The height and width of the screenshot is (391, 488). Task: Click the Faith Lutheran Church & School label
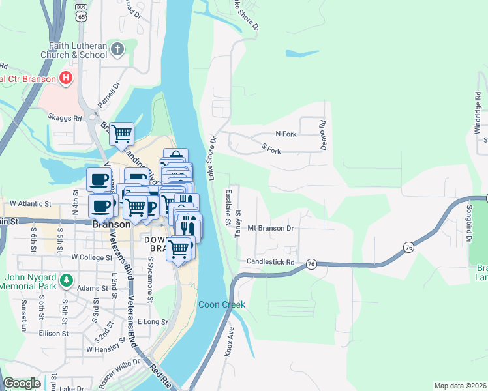coord(77,50)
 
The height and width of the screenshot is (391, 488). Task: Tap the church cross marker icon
coord(118,49)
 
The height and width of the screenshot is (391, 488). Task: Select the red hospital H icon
coord(65,79)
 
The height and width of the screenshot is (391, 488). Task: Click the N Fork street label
coord(286,134)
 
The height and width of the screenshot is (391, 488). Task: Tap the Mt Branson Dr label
coord(271,229)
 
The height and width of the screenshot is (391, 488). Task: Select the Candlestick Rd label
coord(271,262)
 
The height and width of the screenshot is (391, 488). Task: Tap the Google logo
coord(22,383)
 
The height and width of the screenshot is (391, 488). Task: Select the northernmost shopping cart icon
coord(121,134)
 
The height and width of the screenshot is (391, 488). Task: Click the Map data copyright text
coord(460,386)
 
